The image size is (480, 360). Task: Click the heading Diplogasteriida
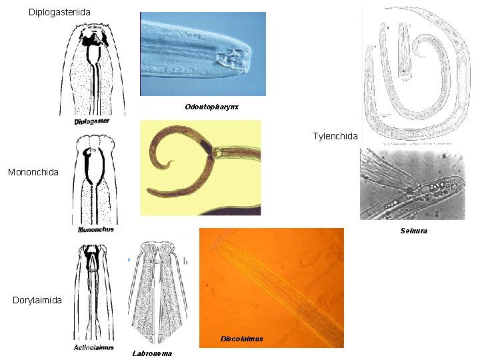pyautogui.click(x=64, y=12)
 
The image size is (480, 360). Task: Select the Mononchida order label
pyautogui.click(x=33, y=172)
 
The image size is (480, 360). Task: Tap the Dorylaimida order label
pyautogui.click(x=37, y=300)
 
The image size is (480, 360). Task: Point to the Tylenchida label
pyautogui.click(x=335, y=136)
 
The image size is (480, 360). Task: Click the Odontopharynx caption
pyautogui.click(x=212, y=107)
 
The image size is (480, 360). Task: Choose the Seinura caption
pyautogui.click(x=413, y=231)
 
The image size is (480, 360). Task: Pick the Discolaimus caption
pyautogui.click(x=241, y=339)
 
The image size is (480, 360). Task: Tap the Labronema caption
pyautogui.click(x=152, y=353)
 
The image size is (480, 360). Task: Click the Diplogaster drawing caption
pyautogui.click(x=92, y=121)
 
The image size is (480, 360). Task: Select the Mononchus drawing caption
pyautogui.click(x=95, y=229)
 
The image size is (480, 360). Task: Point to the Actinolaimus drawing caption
pyautogui.click(x=93, y=347)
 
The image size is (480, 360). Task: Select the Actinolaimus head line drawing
pyautogui.click(x=94, y=293)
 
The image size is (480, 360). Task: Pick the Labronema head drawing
pyautogui.click(x=157, y=293)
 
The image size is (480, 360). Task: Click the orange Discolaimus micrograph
pyautogui.click(x=271, y=287)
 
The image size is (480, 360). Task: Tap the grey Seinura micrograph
pyautogui.click(x=412, y=185)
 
